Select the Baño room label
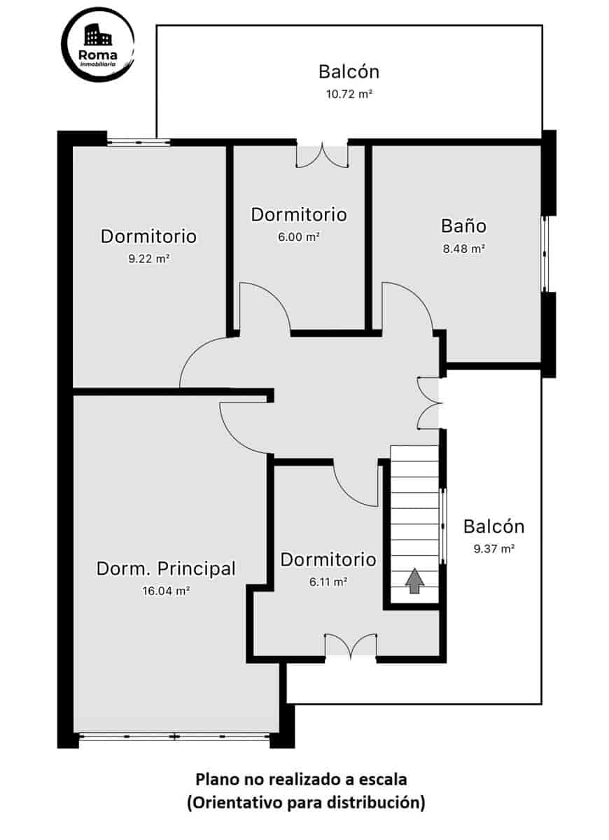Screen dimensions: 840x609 tap(463, 226)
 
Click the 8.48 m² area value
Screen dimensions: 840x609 tap(463, 248)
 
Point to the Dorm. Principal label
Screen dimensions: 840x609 tap(166, 568)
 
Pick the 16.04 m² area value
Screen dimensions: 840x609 tap(166, 591)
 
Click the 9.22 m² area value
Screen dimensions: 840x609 tap(148, 258)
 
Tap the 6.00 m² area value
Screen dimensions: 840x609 tap(299, 237)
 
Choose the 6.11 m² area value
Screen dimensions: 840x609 tap(328, 582)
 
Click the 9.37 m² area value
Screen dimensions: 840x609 tap(494, 549)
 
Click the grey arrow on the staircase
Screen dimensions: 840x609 tap(415, 580)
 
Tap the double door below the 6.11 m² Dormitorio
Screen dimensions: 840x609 tap(351, 645)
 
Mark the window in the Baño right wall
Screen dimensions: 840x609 tap(546, 253)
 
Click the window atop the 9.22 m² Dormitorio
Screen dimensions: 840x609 tap(139, 142)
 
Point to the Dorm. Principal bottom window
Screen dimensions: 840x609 tap(174, 736)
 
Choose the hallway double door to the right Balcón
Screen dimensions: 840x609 tap(428, 402)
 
